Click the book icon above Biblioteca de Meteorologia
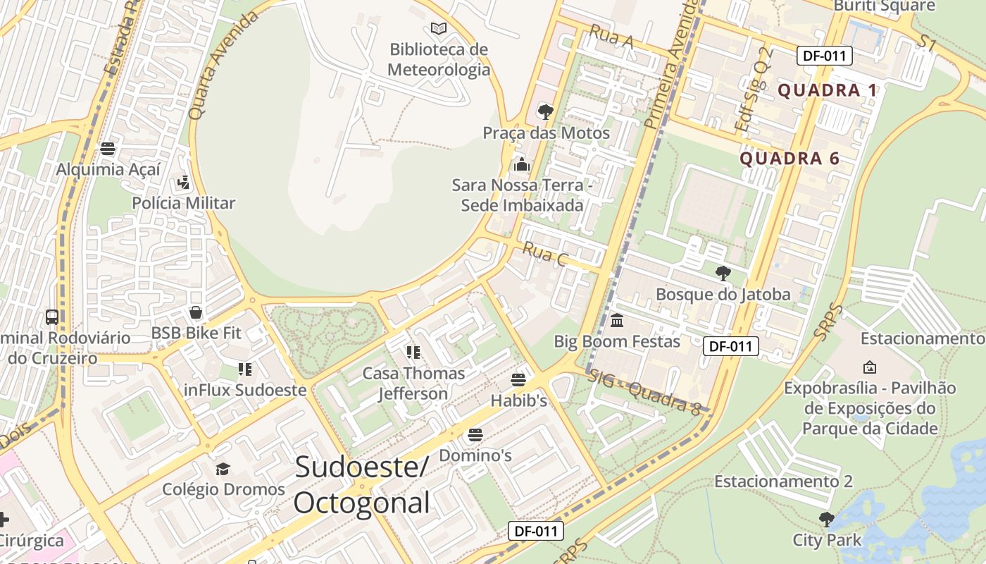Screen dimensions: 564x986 [x=439, y=29]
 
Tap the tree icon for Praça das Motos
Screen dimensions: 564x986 [x=545, y=111]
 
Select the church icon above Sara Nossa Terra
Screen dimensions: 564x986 [x=521, y=164]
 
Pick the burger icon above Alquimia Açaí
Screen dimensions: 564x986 [x=108, y=149]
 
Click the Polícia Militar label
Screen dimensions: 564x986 [x=183, y=203]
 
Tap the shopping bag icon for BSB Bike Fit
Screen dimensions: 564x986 [x=196, y=312]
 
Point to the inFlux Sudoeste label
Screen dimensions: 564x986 [x=245, y=390]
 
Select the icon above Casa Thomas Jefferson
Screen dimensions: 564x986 [x=413, y=352]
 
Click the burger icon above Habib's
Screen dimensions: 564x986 [x=519, y=380]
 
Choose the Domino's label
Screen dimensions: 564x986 [x=475, y=455]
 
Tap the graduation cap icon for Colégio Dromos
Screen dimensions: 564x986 [x=223, y=469]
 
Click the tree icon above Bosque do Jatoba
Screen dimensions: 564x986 [x=723, y=273]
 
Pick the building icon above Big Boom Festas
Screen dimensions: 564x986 [x=617, y=321]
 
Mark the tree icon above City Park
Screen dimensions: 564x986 [x=827, y=520]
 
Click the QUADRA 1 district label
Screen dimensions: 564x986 [x=828, y=90]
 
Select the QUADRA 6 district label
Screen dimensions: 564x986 [x=790, y=159]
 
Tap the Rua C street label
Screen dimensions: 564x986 [x=544, y=255]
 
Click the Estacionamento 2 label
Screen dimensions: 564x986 [x=783, y=482]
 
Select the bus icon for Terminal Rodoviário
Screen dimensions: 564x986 [x=52, y=317]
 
